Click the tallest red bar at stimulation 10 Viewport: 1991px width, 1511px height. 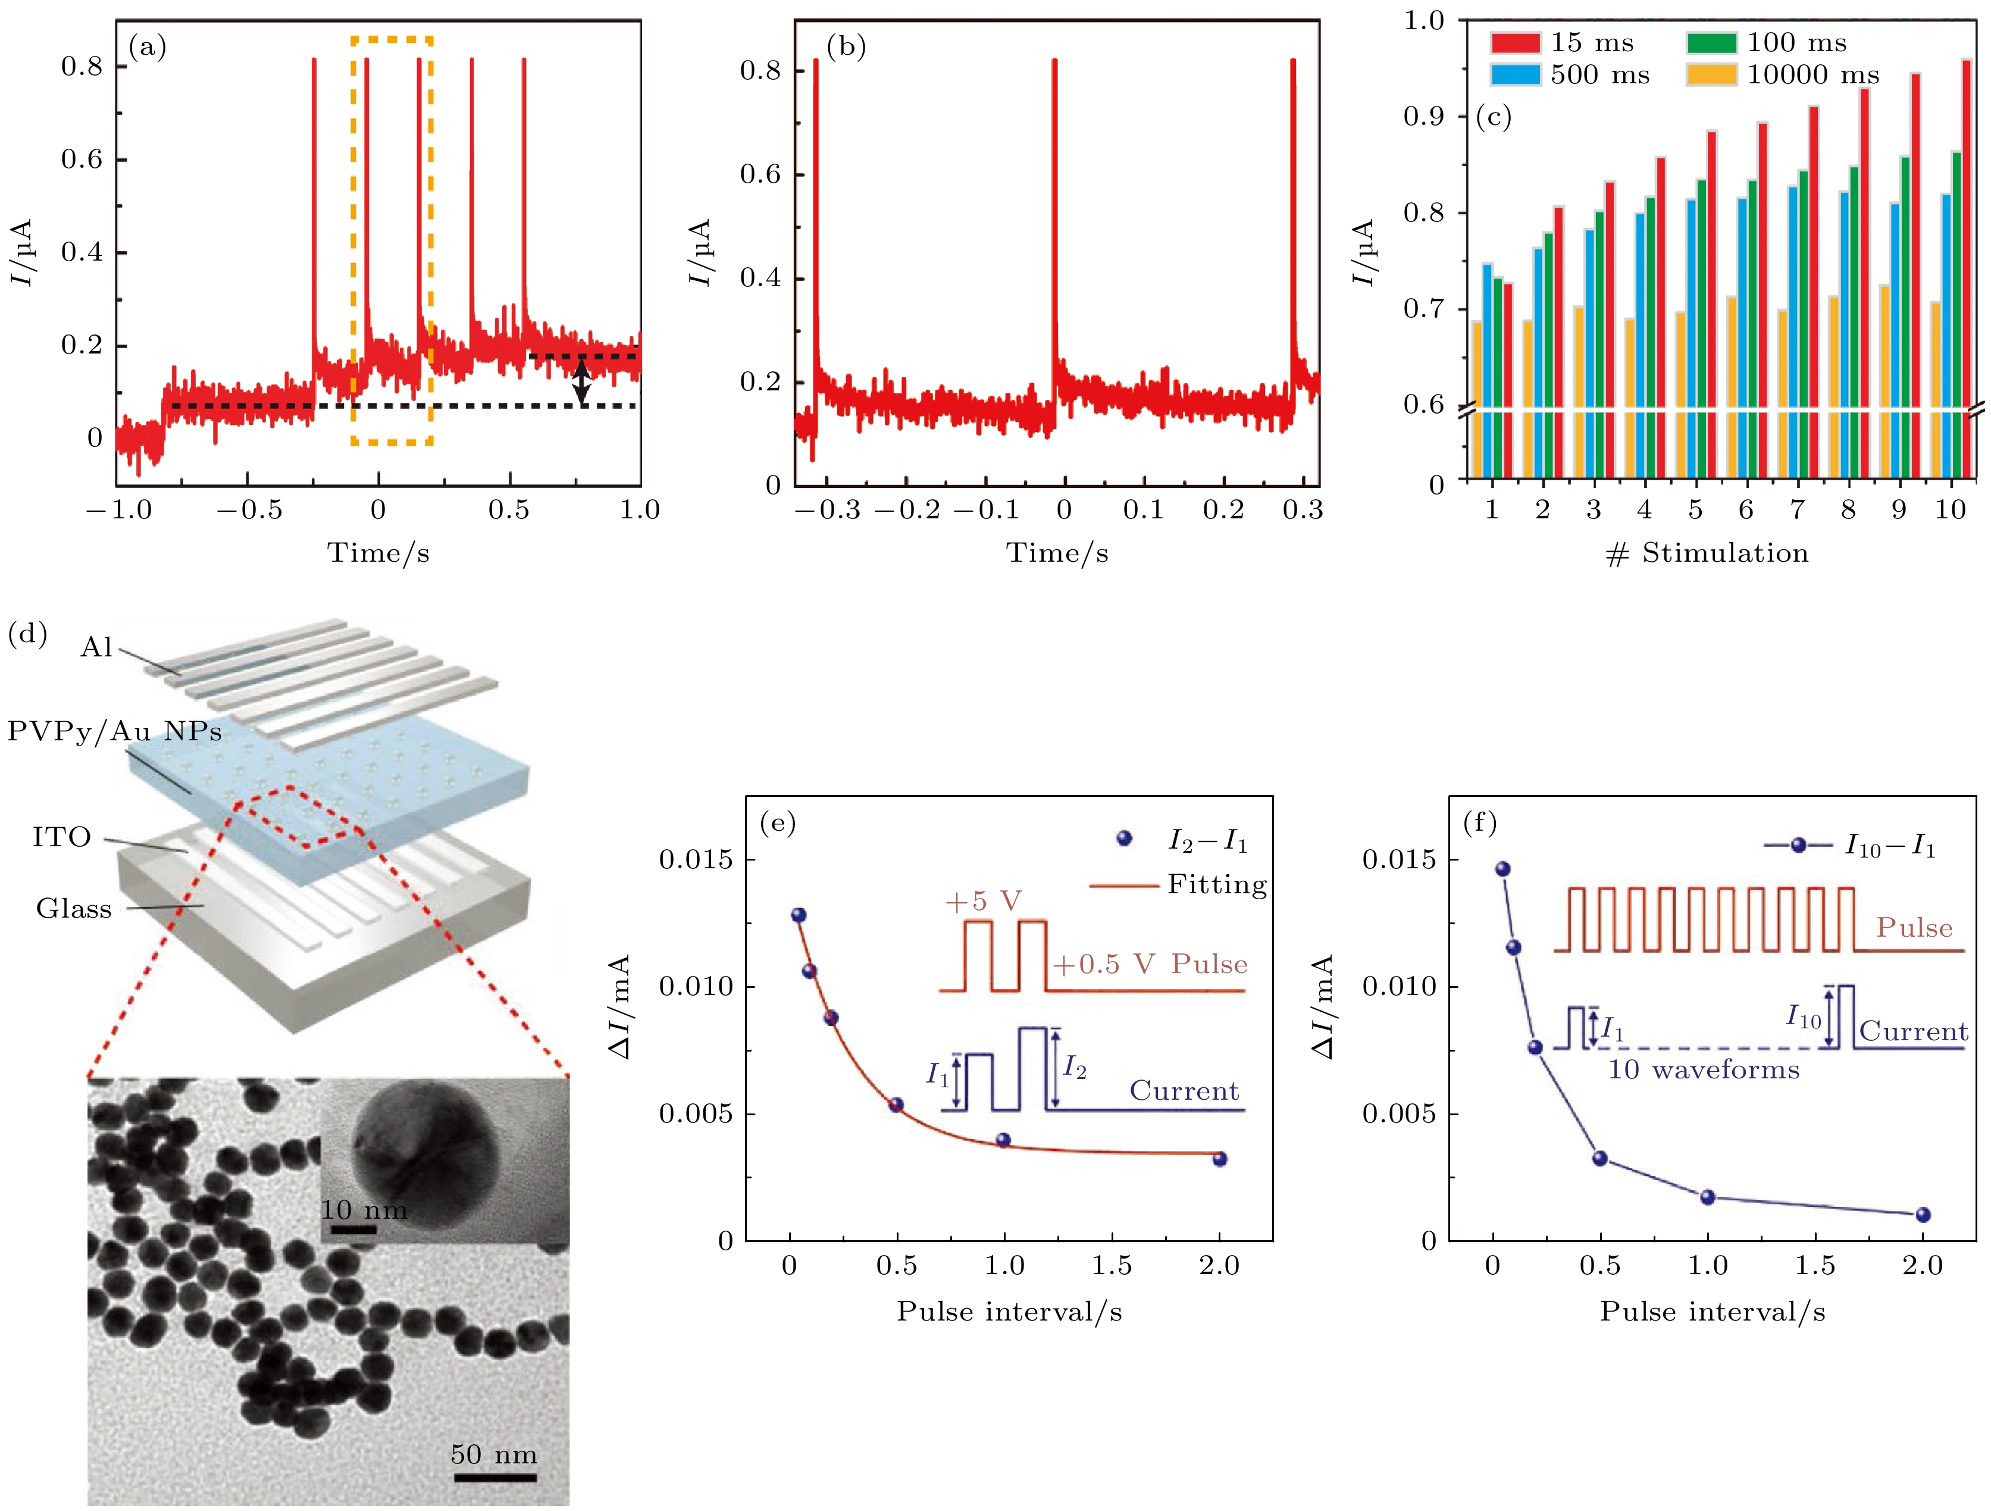coord(1966,270)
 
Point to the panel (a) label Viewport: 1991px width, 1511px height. coord(148,46)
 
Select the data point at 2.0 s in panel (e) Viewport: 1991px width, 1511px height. coord(1220,1159)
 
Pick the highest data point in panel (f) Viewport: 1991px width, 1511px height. coord(1502,868)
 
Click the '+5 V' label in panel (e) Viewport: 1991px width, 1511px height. coord(983,902)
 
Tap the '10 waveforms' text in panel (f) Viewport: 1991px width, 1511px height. coord(1704,1070)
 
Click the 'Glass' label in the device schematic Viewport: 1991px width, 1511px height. coord(74,909)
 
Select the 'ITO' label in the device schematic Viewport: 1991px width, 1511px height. coord(61,838)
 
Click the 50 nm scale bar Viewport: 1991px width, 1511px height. coord(493,1477)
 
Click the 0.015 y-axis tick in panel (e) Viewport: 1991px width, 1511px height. coord(696,859)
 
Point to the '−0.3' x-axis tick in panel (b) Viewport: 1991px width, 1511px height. coord(827,510)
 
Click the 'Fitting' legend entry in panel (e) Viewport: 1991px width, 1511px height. coord(1216,885)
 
